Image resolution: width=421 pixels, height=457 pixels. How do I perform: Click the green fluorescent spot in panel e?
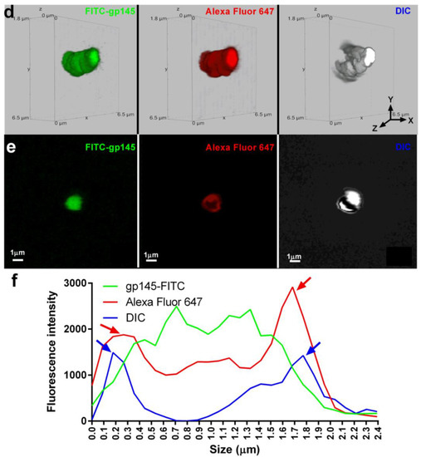click(76, 200)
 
